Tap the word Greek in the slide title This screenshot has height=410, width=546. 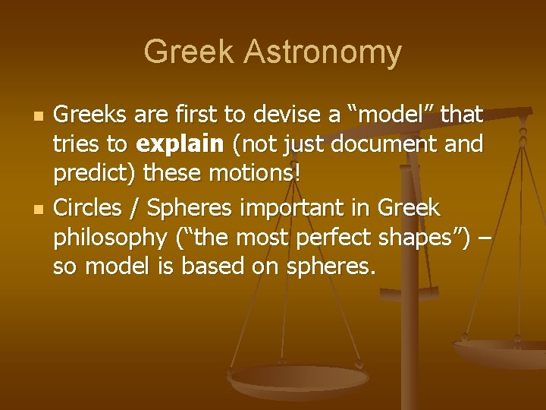coord(190,52)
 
